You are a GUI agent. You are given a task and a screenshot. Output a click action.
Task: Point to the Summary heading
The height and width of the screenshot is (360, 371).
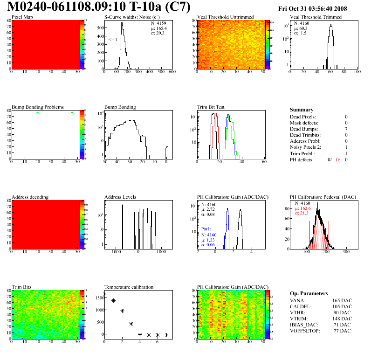pos(302,110)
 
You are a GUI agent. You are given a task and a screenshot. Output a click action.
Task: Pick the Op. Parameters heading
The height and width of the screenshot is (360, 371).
pos(309,293)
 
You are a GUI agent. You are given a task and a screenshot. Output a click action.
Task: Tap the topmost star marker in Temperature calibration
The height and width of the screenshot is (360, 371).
pos(104,294)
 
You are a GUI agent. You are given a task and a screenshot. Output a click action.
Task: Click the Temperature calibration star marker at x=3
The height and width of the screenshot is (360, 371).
pos(131,324)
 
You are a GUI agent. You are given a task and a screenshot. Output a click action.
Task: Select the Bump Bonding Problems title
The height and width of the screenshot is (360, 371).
pos(38,107)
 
